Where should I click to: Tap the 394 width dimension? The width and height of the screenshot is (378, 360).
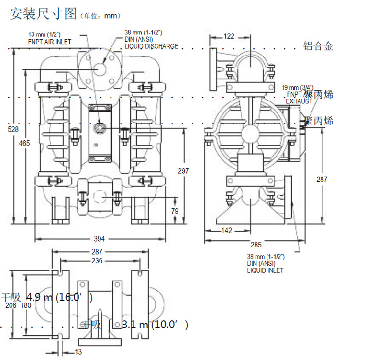pyautogui.click(x=99, y=238)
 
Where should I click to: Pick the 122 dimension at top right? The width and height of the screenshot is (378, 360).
pyautogui.click(x=229, y=36)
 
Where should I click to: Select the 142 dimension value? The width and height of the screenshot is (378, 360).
pyautogui.click(x=227, y=230)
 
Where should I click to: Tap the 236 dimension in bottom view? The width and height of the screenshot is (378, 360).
pyautogui.click(x=97, y=260)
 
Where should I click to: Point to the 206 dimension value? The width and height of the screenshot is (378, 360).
pyautogui.click(x=11, y=305)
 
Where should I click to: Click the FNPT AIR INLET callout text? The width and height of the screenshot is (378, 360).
pyautogui.click(x=49, y=42)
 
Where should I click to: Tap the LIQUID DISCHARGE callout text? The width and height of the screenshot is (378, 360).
pyautogui.click(x=152, y=46)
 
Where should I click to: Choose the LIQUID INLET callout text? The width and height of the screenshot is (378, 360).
pyautogui.click(x=265, y=270)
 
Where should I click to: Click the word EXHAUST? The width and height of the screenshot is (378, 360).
pyautogui.click(x=299, y=101)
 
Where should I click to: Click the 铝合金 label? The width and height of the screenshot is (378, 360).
pyautogui.click(x=318, y=46)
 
